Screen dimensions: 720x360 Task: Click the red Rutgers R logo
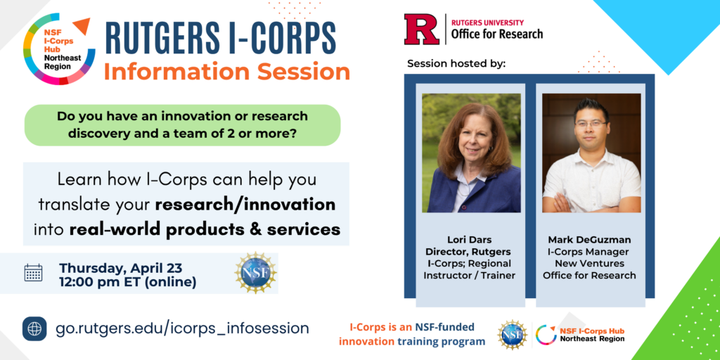422,29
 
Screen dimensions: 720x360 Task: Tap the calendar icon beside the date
33,273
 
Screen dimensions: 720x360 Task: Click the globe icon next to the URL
34,329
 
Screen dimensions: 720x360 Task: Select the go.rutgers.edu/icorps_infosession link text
182,329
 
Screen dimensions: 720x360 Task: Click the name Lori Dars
470,239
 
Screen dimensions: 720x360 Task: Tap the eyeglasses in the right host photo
591,124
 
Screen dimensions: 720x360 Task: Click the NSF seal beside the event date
255,273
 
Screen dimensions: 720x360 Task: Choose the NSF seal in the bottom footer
513,335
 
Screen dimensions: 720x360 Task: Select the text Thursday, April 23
121,267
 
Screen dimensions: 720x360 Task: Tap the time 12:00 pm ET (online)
128,283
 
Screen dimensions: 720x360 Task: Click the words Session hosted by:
456,63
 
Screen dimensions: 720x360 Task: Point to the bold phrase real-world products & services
205,229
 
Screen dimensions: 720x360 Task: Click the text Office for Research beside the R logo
497,34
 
